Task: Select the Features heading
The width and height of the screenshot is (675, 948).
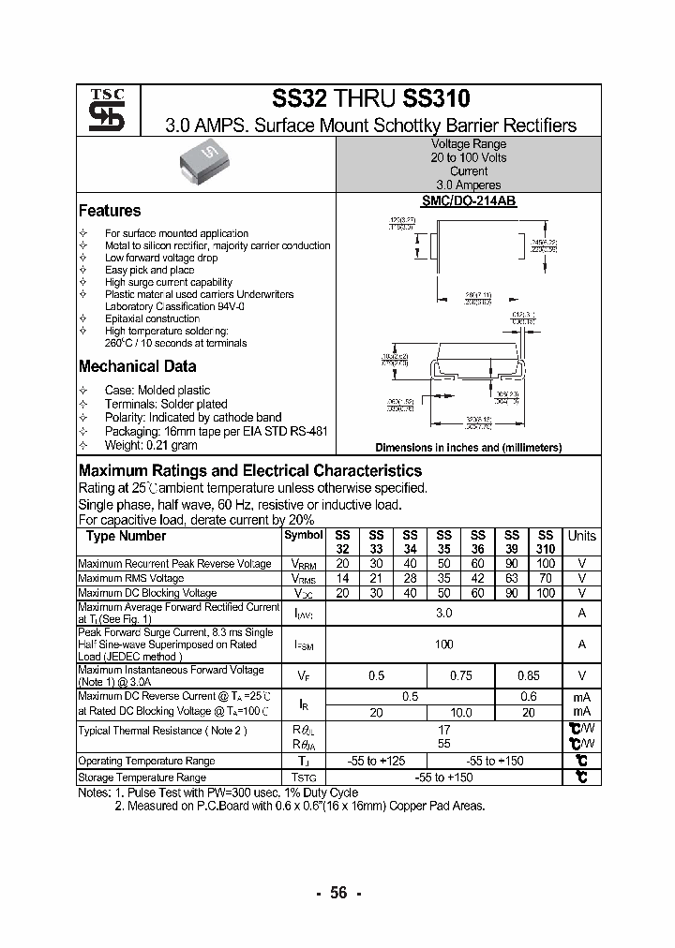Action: click(110, 211)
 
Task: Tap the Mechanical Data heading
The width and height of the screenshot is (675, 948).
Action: click(137, 366)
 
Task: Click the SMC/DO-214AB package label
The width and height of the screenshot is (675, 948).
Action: click(468, 201)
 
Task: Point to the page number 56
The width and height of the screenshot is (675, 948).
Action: click(338, 893)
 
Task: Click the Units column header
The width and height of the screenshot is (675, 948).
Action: click(581, 536)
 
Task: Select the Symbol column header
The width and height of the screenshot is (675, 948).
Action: click(303, 535)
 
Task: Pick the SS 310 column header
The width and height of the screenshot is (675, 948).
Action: click(546, 541)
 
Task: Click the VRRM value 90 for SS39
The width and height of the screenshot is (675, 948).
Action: click(512, 564)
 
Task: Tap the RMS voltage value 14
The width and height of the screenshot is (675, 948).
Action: click(342, 579)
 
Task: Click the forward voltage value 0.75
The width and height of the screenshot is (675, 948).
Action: click(461, 675)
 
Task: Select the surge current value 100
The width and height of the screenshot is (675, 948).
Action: click(444, 644)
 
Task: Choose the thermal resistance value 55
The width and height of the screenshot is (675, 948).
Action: click(444, 744)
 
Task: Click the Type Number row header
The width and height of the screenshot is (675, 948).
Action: click(126, 536)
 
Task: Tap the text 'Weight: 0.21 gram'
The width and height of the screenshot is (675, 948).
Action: click(151, 444)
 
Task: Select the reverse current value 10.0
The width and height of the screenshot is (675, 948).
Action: click(461, 713)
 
